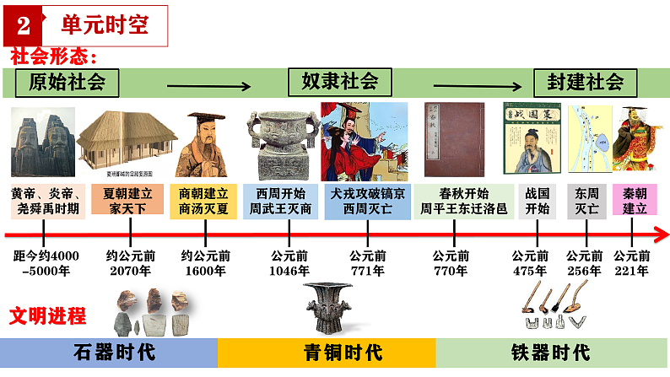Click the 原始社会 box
coord(67,82)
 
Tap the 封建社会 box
coord(584,82)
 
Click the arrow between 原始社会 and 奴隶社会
coord(209,85)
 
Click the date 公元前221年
coord(632,263)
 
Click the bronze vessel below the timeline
coord(336,306)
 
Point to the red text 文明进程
coord(47,315)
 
